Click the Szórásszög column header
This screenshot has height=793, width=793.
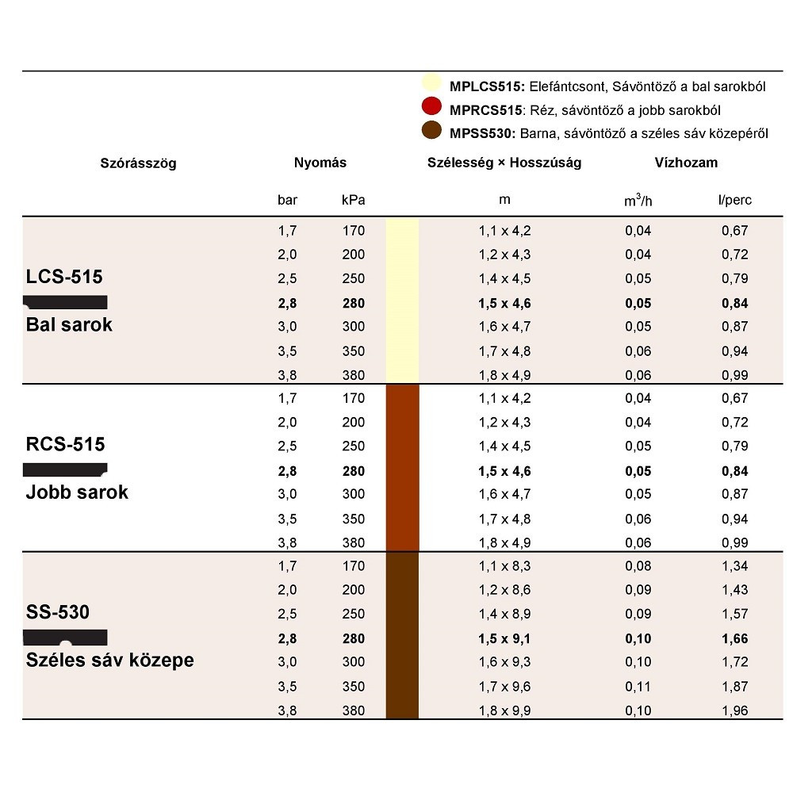(x=138, y=163)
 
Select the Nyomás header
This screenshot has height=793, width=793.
(x=320, y=163)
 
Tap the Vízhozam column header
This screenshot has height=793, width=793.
(x=686, y=163)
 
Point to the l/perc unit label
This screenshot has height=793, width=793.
(x=734, y=200)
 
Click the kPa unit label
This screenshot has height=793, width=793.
(x=353, y=200)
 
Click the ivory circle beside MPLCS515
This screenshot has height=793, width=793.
(x=431, y=84)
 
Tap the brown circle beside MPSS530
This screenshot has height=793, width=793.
(x=431, y=132)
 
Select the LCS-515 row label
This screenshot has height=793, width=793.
(x=65, y=278)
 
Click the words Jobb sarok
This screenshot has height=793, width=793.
(x=77, y=492)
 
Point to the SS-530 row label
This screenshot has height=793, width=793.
(x=58, y=612)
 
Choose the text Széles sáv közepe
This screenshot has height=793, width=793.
(x=110, y=660)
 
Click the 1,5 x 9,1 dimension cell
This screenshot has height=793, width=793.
(x=504, y=638)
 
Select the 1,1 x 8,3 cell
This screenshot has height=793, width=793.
(x=504, y=566)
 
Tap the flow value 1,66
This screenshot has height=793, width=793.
(x=734, y=638)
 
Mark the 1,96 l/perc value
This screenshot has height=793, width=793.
(x=734, y=711)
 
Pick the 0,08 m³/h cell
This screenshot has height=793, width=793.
(x=638, y=566)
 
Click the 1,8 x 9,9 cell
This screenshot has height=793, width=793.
(x=504, y=711)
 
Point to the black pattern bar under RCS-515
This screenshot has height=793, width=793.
(x=65, y=469)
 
